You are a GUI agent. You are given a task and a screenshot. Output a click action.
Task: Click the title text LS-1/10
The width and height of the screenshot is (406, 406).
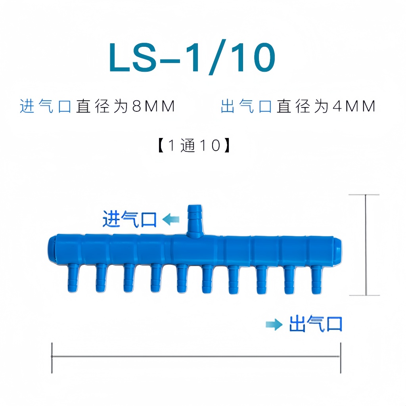tap(192, 57)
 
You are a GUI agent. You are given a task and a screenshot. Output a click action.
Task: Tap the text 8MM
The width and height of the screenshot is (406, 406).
tap(153, 106)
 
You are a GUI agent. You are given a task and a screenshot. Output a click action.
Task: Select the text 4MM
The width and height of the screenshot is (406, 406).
tap(354, 106)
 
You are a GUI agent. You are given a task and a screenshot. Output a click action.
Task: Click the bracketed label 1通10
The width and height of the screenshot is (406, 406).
tap(194, 145)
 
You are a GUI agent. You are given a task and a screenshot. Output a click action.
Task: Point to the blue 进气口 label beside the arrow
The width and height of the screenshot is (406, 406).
tap(130, 219)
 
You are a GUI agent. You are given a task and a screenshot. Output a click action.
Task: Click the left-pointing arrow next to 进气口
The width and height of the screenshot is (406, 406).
tap(171, 219)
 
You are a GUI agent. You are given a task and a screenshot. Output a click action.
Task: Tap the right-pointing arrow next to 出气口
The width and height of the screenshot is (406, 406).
tap(274, 324)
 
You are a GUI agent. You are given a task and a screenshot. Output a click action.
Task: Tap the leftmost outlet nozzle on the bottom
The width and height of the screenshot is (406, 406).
tap(73, 278)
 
